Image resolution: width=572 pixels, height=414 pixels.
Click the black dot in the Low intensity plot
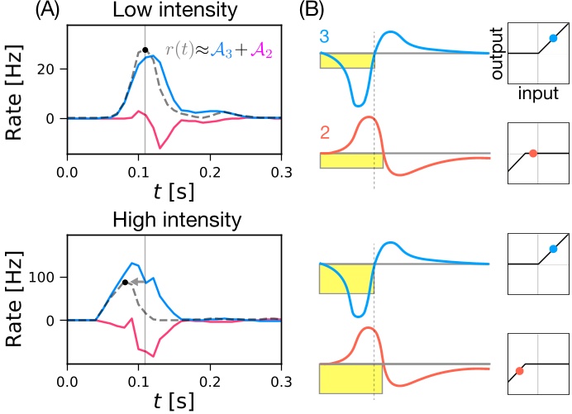tap(145, 50)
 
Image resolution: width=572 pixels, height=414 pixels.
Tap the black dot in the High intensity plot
tap(125, 283)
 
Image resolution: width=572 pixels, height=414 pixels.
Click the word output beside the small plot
tap(497, 54)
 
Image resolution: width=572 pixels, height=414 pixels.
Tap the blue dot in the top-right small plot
tap(553, 38)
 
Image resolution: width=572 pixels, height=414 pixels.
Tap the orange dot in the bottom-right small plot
tap(519, 371)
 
